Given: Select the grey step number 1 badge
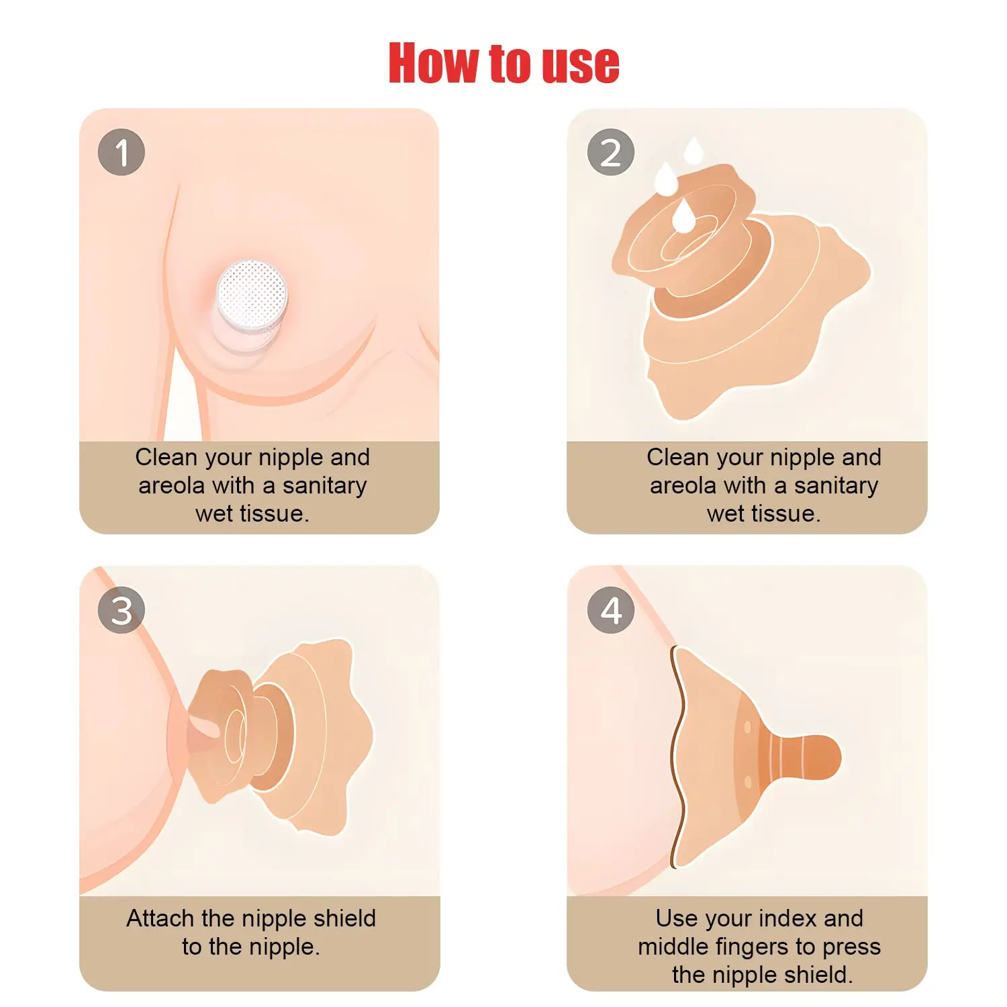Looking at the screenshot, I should [x=122, y=152].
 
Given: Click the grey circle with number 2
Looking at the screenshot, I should [x=610, y=152].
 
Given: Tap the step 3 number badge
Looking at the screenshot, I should [x=122, y=610].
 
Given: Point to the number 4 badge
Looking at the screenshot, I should [x=610, y=610].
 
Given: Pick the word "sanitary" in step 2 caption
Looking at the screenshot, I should [x=836, y=485].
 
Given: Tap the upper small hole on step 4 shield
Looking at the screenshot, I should [x=747, y=727].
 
